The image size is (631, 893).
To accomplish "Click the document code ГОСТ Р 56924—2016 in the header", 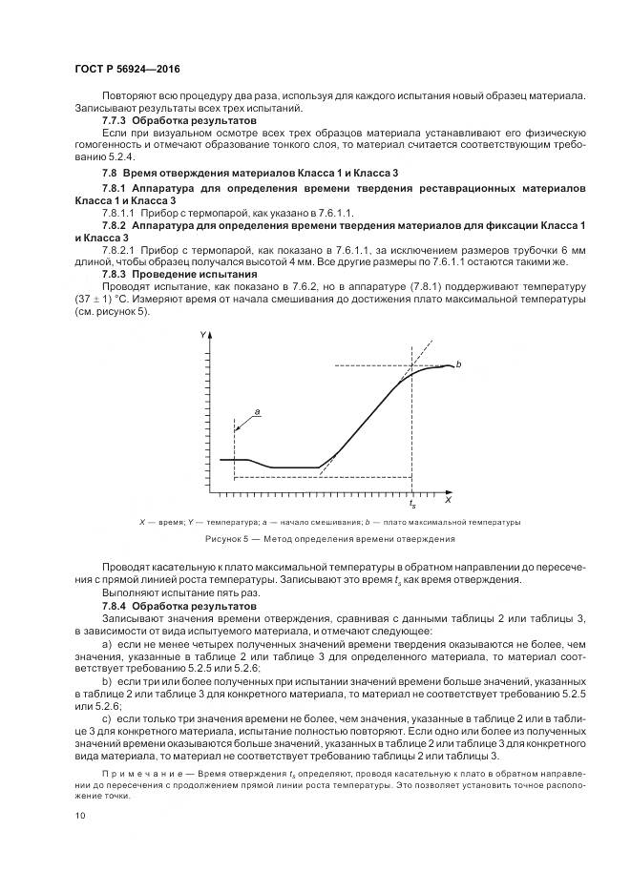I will click(x=126, y=71).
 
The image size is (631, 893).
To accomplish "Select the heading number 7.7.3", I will click(x=115, y=122).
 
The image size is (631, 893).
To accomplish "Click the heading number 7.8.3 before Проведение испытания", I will click(x=115, y=272).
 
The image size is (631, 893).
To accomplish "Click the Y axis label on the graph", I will click(x=202, y=336).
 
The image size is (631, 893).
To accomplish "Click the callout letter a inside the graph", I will click(x=257, y=411).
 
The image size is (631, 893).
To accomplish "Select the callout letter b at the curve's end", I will click(x=459, y=365).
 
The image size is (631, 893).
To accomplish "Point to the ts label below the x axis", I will click(x=412, y=504).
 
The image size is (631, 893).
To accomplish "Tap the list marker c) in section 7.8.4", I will click(x=106, y=716).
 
